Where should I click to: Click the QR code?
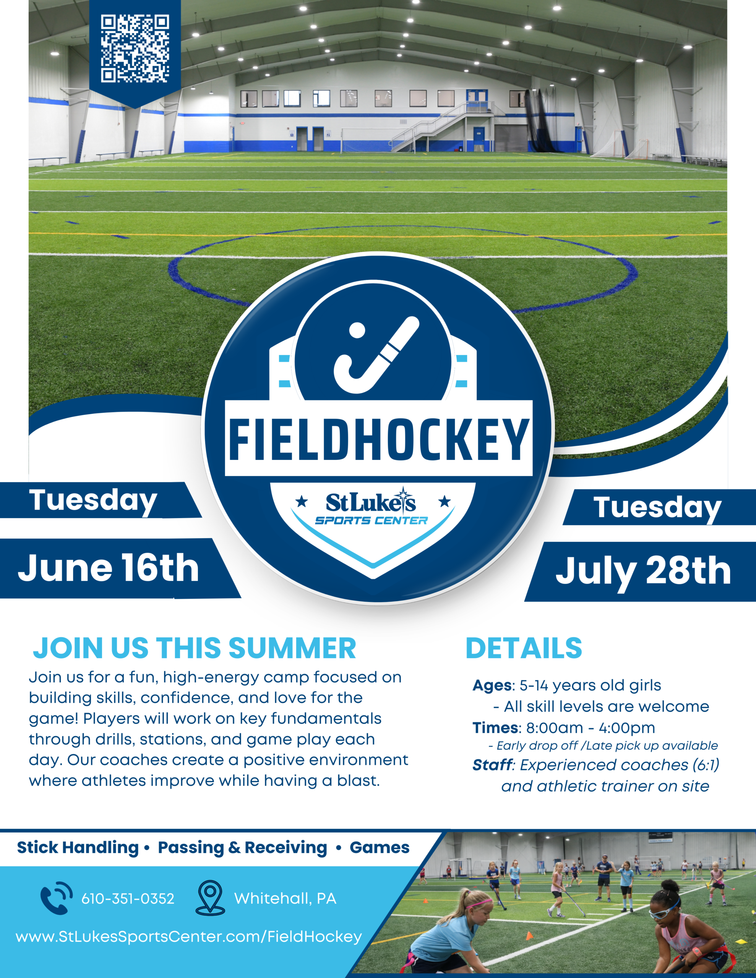[135, 49]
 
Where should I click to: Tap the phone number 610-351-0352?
[128, 899]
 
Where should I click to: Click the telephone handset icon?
[56, 898]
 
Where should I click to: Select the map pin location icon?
[211, 897]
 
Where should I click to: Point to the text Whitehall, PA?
[285, 899]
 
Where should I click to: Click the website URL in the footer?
[189, 937]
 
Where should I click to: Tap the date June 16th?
[109, 568]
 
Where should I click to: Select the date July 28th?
[644, 572]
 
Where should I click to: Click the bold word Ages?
[492, 686]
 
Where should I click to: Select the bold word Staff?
[492, 765]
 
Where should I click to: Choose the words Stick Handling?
[78, 848]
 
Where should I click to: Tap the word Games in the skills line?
[380, 847]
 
